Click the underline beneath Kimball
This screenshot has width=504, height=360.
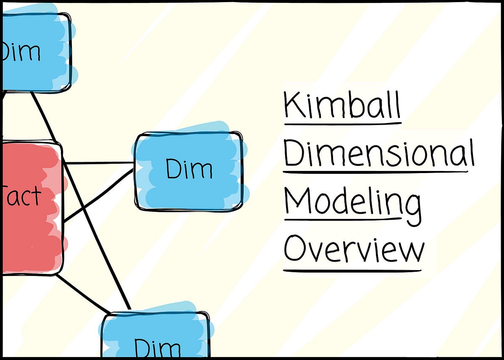coord(342,124)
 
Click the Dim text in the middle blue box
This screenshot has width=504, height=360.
coord(189,169)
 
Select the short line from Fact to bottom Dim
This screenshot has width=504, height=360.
coord(82,294)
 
